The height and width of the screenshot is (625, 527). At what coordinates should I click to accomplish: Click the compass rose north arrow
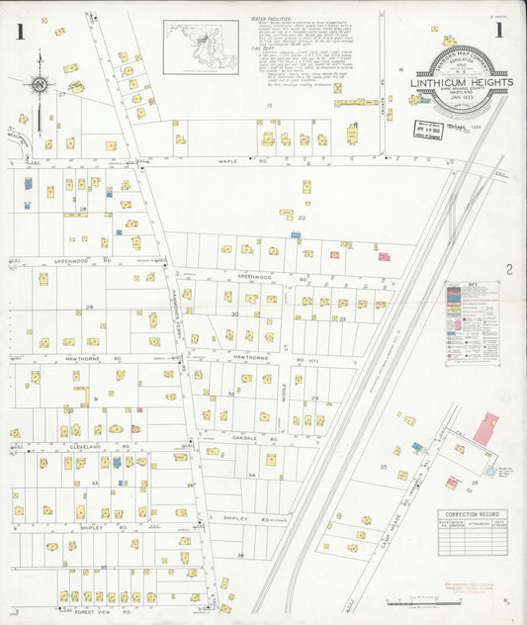(x=39, y=88)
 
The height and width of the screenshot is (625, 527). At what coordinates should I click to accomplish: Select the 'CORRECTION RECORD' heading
(x=474, y=515)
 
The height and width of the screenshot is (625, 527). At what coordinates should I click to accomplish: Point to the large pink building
(x=485, y=428)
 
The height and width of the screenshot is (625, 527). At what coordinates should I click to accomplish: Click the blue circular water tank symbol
(x=490, y=473)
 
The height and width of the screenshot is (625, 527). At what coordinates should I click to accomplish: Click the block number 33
(x=94, y=483)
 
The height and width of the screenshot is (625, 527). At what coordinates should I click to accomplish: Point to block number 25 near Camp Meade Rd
(x=383, y=466)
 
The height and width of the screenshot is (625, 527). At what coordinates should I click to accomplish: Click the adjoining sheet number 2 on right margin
(x=509, y=269)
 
